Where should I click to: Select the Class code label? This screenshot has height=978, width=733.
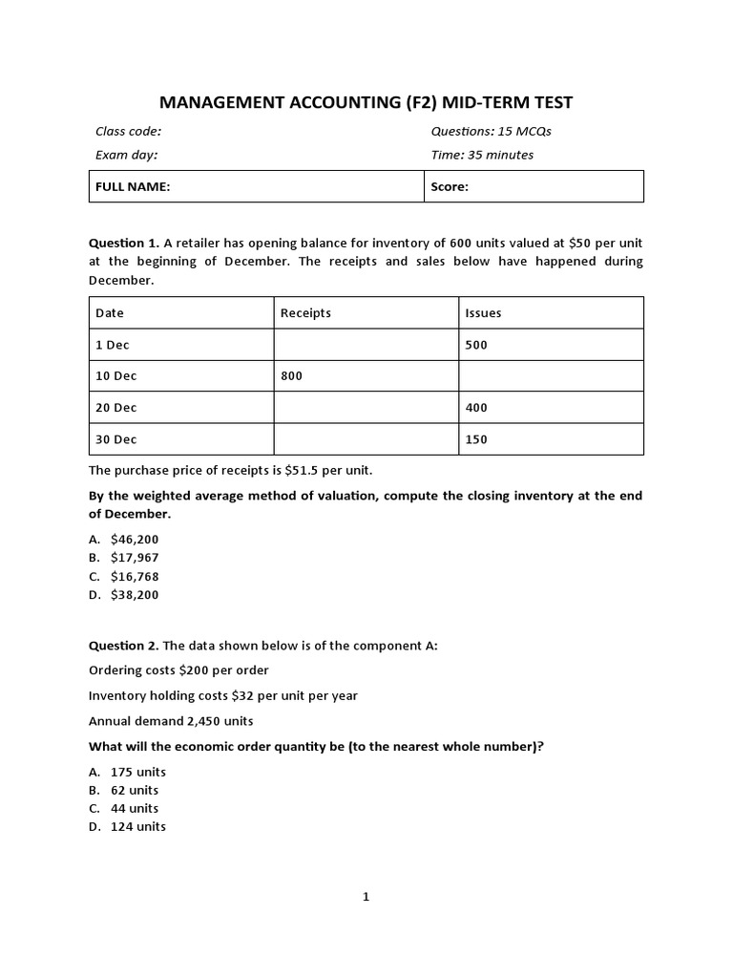tap(128, 131)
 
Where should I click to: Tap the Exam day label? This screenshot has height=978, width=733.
tap(126, 155)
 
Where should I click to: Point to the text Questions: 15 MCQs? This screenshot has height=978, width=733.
tap(491, 131)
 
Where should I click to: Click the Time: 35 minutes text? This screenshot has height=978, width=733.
tap(482, 155)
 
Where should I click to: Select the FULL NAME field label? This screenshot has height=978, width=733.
tap(133, 187)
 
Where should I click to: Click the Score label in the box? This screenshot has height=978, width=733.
tap(450, 187)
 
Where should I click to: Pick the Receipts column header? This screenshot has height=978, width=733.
tap(305, 313)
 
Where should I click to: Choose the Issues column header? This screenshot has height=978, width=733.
tap(483, 313)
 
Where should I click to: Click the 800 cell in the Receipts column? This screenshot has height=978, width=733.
tap(291, 376)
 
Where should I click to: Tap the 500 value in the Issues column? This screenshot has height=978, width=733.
tap(475, 345)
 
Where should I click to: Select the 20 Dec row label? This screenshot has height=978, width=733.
tap(116, 408)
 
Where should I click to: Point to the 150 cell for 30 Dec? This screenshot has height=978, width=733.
tap(475, 439)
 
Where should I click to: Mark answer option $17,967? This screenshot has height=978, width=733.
tap(135, 558)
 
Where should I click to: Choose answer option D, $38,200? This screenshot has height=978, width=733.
tap(135, 594)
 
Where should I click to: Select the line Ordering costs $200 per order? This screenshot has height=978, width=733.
tap(178, 670)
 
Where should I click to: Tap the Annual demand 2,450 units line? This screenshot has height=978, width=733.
tap(171, 721)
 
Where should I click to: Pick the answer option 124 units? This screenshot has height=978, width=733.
tap(137, 826)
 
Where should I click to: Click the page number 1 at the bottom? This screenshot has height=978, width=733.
tap(366, 897)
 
